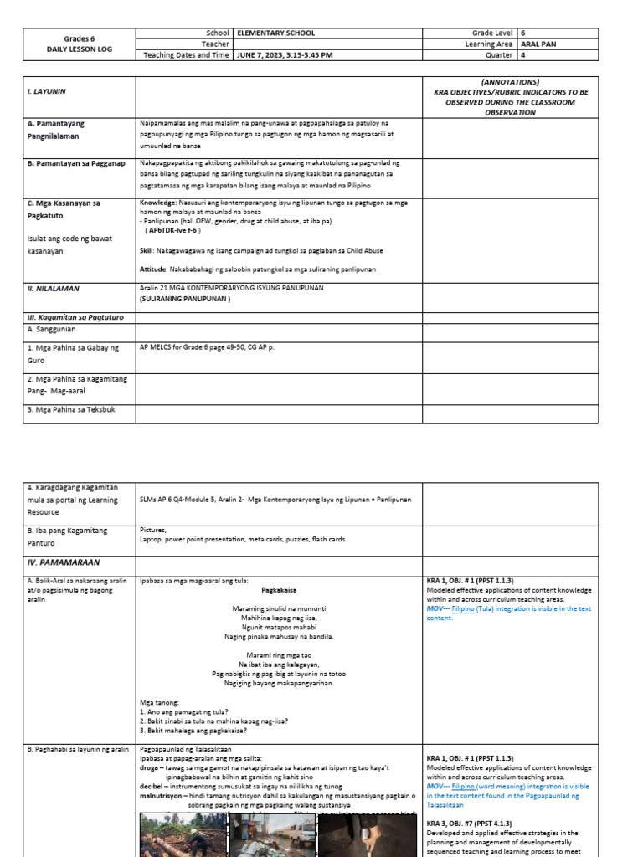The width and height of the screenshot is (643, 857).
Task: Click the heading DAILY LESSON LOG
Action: pos(80,50)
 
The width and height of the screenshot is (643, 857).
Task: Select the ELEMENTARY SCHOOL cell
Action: pos(276,33)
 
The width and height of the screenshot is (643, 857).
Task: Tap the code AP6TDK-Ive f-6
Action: pos(172,230)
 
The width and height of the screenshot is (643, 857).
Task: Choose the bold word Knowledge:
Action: pos(157,203)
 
